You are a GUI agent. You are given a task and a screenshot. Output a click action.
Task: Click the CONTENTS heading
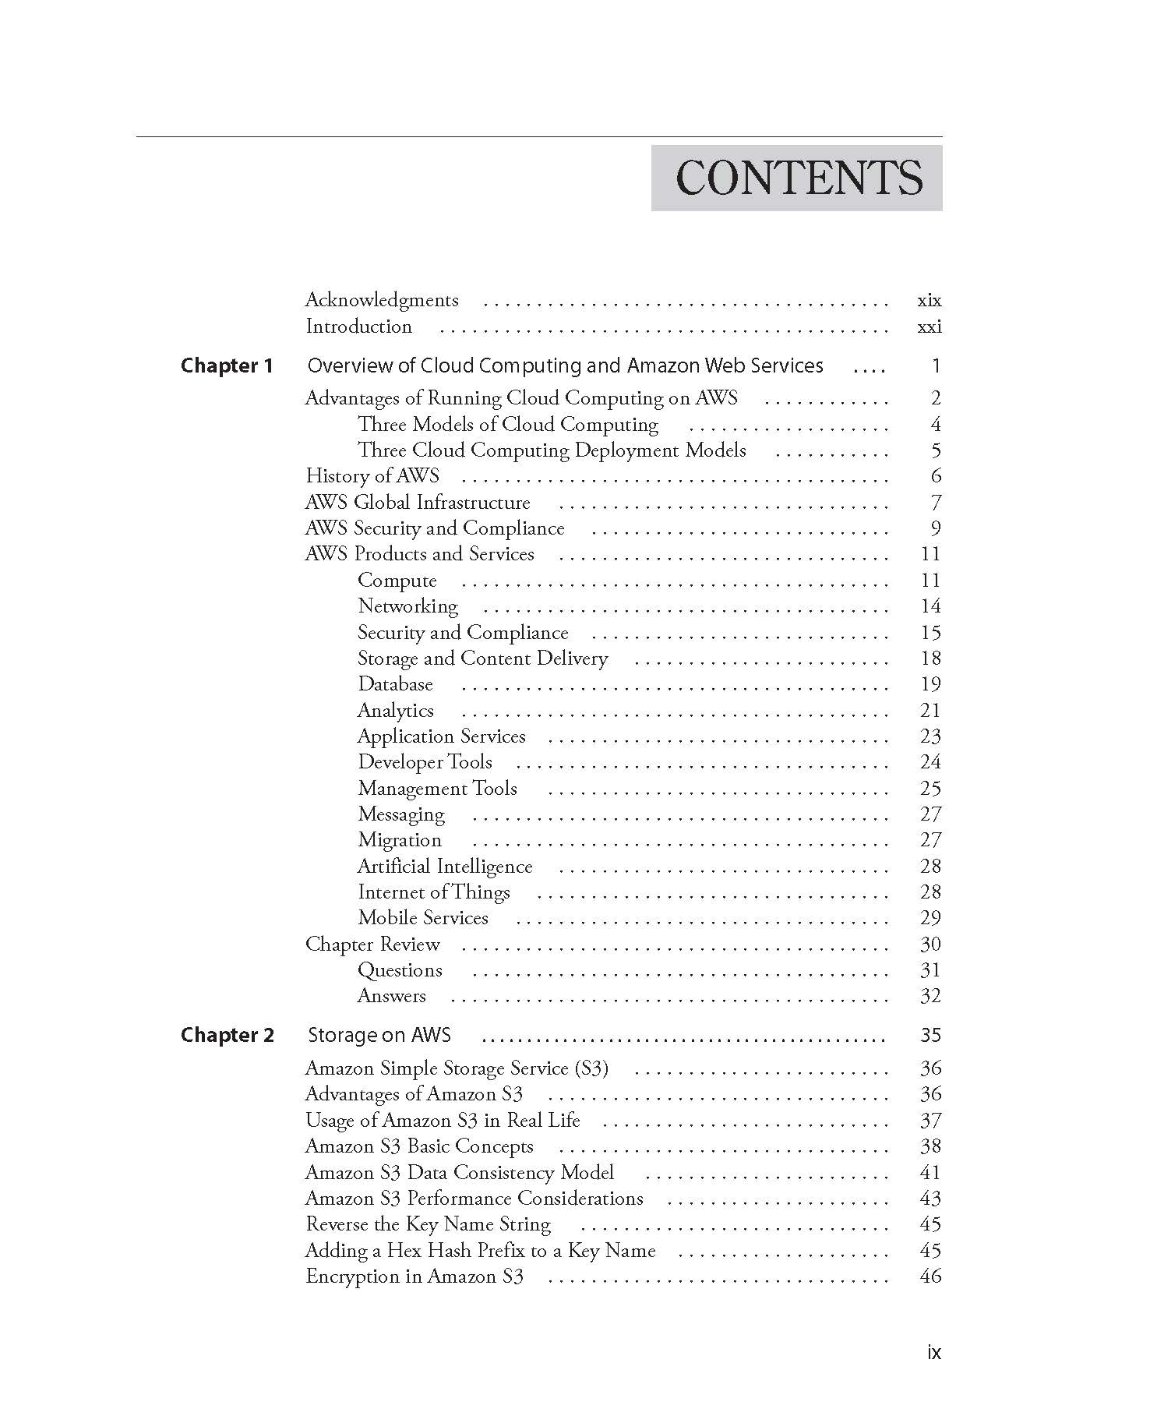point(798,178)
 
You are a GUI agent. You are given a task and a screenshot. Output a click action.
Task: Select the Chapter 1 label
point(227,365)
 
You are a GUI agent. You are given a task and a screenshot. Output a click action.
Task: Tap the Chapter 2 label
point(227,1035)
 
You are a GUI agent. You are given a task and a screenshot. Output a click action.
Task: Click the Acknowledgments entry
point(382,300)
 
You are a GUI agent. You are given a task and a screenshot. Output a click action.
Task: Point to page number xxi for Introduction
point(929,327)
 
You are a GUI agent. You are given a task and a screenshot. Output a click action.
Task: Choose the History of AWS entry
point(372,475)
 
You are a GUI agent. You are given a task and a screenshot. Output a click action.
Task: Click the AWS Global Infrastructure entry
point(418,502)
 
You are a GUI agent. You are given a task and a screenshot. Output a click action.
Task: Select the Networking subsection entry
point(407,606)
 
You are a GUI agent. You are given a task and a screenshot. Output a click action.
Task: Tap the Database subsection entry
point(395,684)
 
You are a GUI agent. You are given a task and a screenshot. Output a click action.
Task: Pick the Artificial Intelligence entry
point(445,866)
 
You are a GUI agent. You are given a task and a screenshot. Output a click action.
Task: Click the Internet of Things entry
point(434,892)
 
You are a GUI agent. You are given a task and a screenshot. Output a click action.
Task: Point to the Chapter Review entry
point(372,944)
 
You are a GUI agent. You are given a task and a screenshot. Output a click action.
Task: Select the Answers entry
point(391,996)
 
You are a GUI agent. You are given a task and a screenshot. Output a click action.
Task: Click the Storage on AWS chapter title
point(379,1035)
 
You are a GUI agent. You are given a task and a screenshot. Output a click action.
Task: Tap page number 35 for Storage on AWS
point(930,1035)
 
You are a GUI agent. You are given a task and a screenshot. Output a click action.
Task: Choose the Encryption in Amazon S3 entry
point(414,1276)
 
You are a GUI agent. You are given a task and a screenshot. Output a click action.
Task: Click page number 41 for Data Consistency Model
point(930,1173)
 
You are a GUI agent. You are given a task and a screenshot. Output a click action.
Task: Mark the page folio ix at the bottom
point(933,1353)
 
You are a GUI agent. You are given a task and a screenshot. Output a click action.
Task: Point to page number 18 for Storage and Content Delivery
point(930,659)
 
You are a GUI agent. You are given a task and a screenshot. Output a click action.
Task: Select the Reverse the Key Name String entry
point(428,1224)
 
